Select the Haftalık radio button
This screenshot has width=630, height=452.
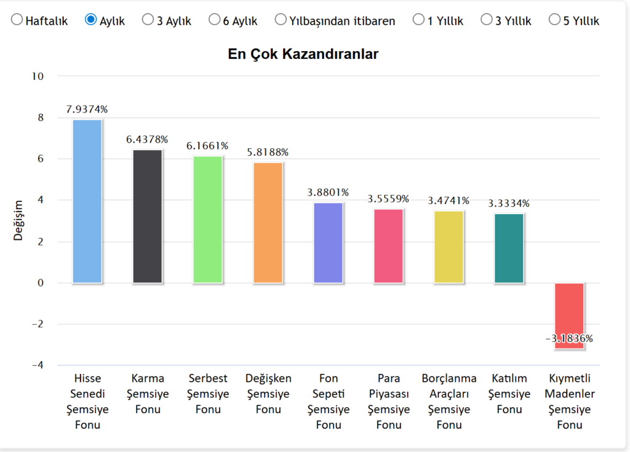tap(17, 20)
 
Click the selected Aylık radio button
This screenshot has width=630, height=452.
tap(90, 20)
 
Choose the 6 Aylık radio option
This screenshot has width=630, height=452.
tap(214, 20)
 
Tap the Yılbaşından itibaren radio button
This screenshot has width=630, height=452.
tap(281, 20)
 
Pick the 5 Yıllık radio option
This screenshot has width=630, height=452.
tap(554, 20)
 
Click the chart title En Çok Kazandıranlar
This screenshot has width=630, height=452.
tap(303, 54)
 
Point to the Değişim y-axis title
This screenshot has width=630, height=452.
tap(18, 220)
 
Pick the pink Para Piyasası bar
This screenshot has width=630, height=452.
tap(389, 246)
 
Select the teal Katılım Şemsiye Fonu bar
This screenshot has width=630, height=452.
tap(509, 248)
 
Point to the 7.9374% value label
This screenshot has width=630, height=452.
tap(87, 109)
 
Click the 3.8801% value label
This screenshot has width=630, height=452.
tap(328, 192)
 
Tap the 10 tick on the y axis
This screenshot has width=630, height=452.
tap(38, 76)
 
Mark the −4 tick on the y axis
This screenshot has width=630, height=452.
tap(37, 365)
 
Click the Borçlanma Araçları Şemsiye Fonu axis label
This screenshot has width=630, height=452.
tap(449, 401)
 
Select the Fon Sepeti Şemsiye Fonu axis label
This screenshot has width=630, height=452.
tap(329, 401)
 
